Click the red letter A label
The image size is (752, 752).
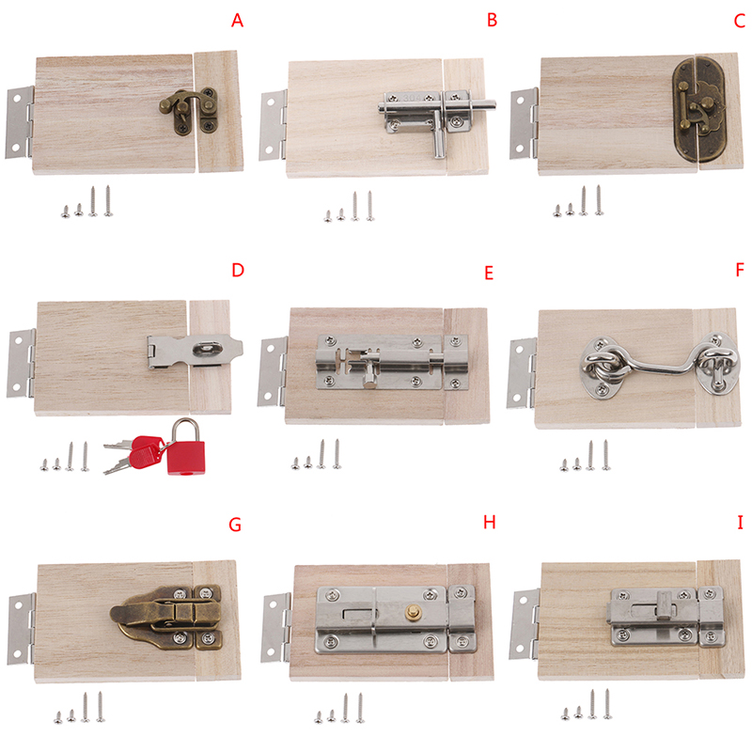click(x=237, y=21)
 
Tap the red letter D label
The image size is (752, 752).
click(x=238, y=270)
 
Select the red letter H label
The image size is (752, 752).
click(x=489, y=522)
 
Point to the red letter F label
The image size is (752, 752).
click(x=740, y=270)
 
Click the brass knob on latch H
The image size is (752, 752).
click(x=412, y=612)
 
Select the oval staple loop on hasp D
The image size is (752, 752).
click(x=208, y=349)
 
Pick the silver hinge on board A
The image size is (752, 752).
click(x=20, y=122)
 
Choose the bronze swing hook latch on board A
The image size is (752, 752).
click(x=189, y=111)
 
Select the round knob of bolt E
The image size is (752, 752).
click(x=369, y=381)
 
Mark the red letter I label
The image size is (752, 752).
click(x=740, y=522)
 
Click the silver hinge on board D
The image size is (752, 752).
click(x=21, y=363)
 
